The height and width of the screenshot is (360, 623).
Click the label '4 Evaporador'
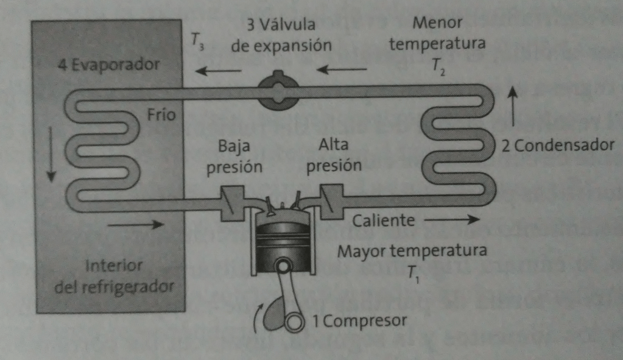click(x=109, y=64)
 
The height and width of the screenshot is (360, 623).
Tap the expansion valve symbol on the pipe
click(x=278, y=92)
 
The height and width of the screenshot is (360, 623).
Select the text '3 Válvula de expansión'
click(x=281, y=35)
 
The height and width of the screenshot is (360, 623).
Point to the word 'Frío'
click(x=161, y=115)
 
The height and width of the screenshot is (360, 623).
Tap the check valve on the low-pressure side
click(x=233, y=202)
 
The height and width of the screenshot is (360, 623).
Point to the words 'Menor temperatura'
click(x=437, y=34)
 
